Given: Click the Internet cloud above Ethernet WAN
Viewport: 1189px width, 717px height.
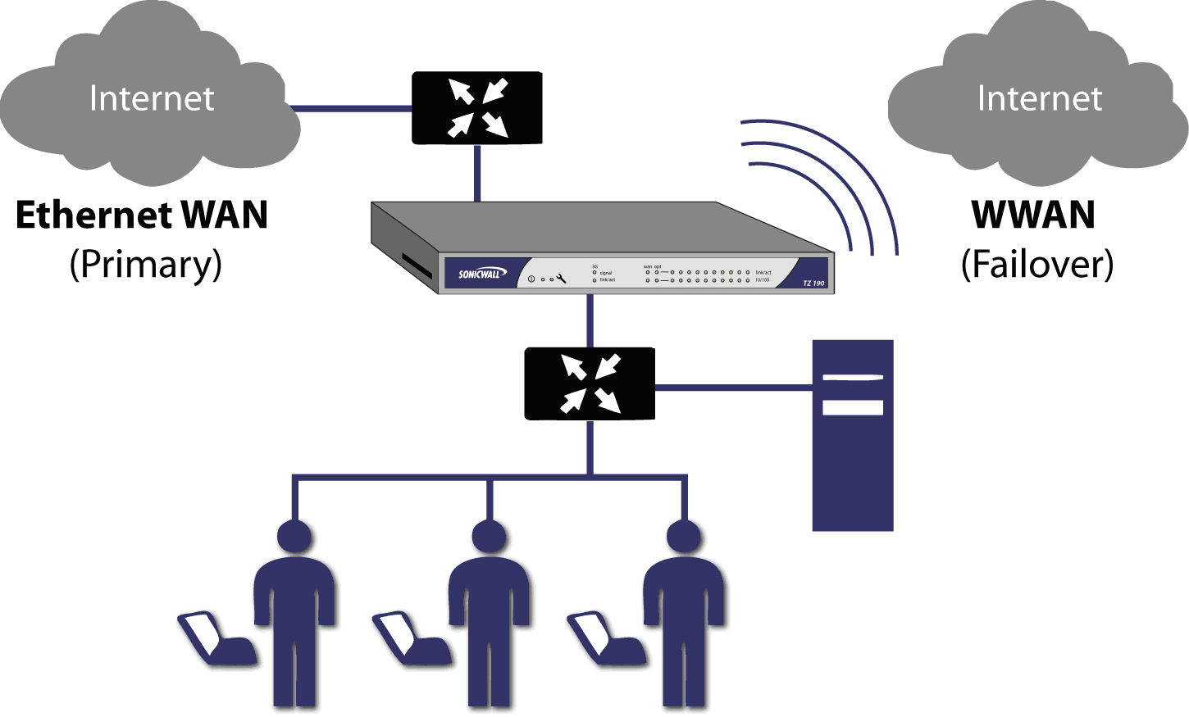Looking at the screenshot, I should click(x=152, y=98).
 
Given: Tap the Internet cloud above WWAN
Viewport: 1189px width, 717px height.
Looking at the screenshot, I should click(x=1039, y=98).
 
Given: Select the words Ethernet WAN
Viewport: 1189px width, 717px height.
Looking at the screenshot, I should click(x=142, y=215).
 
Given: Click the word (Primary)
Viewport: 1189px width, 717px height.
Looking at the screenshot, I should click(x=146, y=265).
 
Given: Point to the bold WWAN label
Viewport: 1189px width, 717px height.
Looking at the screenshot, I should click(x=1033, y=215).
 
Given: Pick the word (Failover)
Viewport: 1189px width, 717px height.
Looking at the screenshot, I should click(x=1037, y=265).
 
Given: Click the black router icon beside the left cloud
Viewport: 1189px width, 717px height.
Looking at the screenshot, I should click(x=476, y=108).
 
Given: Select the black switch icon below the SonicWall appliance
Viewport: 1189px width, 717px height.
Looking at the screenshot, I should click(x=589, y=383).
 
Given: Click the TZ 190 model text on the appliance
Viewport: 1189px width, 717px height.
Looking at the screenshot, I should click(x=813, y=284).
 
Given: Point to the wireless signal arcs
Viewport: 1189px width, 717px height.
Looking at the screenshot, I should click(x=828, y=184).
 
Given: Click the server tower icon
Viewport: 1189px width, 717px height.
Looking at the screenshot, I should click(x=852, y=435).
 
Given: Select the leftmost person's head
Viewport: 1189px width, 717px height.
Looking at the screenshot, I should click(x=294, y=537).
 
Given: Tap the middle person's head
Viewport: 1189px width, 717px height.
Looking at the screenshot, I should click(x=489, y=537).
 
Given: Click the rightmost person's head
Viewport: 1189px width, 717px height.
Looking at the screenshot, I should click(x=683, y=537).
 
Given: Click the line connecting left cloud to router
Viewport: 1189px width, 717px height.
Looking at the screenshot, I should click(x=350, y=108).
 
